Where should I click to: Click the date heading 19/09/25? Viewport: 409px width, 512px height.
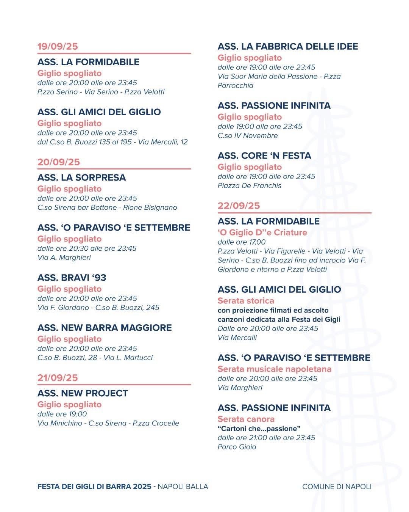point(58,46)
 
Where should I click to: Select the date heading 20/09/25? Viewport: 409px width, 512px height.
point(59,162)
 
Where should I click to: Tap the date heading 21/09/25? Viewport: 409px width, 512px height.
point(58,378)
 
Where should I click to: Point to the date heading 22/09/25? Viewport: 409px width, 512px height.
point(239,206)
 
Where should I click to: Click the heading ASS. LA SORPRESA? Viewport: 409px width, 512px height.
point(81,177)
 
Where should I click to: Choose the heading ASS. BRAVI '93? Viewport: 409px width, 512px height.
point(72,278)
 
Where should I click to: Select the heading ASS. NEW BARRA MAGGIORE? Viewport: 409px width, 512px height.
point(105,328)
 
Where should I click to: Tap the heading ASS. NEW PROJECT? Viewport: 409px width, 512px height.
point(83,393)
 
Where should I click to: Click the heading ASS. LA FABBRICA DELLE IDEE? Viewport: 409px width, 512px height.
point(288,47)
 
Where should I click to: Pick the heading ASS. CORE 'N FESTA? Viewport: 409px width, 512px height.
point(264,156)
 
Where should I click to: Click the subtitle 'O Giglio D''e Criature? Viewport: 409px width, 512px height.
point(262,232)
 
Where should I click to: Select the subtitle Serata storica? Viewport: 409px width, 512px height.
point(246,301)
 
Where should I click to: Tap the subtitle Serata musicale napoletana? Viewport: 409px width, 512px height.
point(274,369)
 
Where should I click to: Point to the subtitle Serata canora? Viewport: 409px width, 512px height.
point(246,419)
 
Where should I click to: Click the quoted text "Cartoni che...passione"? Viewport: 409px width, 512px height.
point(259,429)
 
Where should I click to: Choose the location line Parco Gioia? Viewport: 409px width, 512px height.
point(237,447)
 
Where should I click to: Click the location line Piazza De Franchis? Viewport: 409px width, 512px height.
point(250,185)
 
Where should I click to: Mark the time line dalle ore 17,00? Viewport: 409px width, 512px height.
point(242,242)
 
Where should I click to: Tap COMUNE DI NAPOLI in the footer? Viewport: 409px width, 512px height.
point(337,487)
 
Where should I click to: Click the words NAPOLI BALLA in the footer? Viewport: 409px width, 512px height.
point(183,487)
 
